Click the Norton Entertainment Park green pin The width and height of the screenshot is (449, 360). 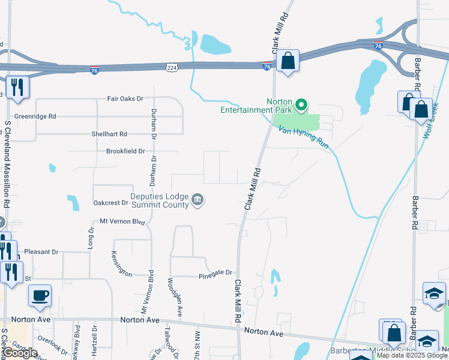(302, 107)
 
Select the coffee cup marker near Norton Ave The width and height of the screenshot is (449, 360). (40, 296)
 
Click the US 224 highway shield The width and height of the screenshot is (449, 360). (172, 69)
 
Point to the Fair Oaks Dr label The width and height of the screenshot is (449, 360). (125, 98)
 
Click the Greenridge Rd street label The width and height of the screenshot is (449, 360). (35, 116)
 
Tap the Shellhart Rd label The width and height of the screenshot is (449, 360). (109, 134)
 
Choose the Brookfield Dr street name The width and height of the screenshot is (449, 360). (125, 151)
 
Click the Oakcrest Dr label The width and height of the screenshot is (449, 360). (111, 203)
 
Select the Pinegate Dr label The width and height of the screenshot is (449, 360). (215, 274)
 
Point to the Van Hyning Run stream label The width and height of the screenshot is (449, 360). (304, 131)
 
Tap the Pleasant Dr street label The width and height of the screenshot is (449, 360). (42, 252)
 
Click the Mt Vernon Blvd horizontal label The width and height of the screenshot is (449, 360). (123, 221)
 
